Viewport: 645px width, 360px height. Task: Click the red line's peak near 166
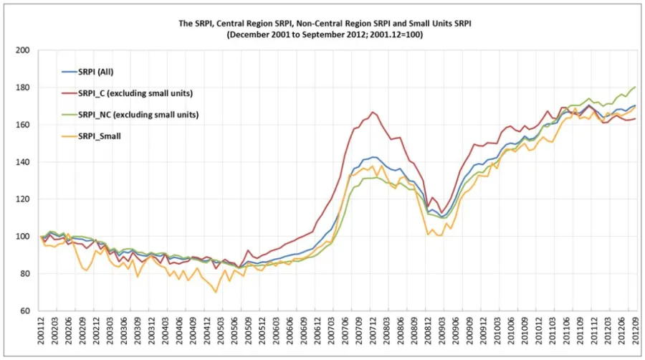(373, 112)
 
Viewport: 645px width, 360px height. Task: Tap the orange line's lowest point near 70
(216, 292)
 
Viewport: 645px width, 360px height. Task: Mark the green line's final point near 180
(635, 87)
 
